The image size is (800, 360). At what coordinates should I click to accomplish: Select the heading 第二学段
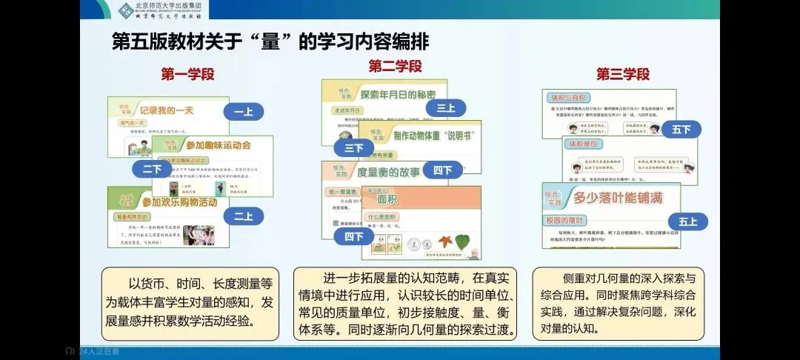click(396, 67)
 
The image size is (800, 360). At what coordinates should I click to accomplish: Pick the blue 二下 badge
click(152, 168)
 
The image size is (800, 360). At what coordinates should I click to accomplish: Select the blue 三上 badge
click(445, 108)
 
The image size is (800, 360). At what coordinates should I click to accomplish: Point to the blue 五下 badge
click(681, 130)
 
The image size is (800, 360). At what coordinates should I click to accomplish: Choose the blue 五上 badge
click(682, 221)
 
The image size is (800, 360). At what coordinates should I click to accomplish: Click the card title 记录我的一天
click(167, 110)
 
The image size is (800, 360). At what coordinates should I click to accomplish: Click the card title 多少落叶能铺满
click(618, 198)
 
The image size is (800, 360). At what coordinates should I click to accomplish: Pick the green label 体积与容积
click(567, 98)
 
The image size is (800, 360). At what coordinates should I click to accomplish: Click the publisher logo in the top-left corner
click(127, 10)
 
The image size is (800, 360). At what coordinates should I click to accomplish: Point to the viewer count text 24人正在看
click(99, 351)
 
